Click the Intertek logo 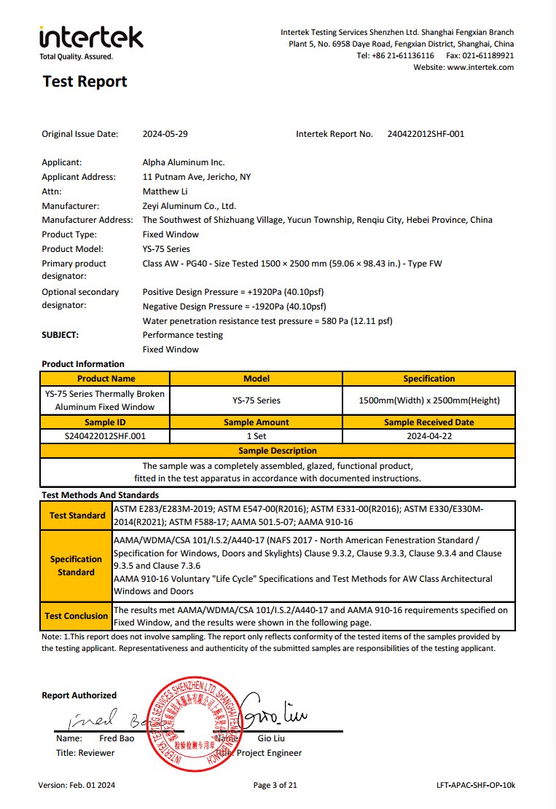tap(91, 41)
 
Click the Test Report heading tap(85, 82)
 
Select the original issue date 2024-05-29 tap(170, 134)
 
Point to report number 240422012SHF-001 tap(426, 134)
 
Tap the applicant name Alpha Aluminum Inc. tap(184, 162)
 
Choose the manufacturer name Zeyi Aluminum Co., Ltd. tap(189, 206)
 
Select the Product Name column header tap(106, 379)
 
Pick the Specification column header tap(428, 379)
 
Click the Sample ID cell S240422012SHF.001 tap(105, 436)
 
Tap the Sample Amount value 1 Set tap(256, 436)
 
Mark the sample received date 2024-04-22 tap(428, 436)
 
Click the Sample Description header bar tap(278, 451)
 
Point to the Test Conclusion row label tap(76, 616)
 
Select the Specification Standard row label tap(76, 566)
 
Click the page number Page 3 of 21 tap(275, 785)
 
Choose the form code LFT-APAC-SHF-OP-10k tap(474, 785)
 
